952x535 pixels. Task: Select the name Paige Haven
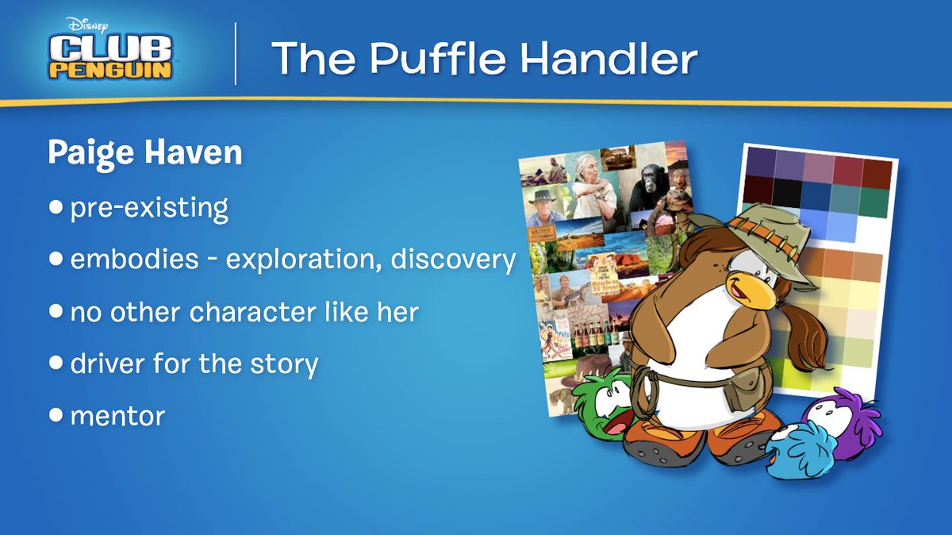[144, 152]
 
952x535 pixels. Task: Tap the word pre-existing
[149, 208]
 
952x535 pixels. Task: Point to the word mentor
[117, 415]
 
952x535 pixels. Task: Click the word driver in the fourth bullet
[108, 364]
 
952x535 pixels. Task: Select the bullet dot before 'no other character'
[55, 311]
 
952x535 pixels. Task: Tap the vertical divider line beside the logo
[236, 54]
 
